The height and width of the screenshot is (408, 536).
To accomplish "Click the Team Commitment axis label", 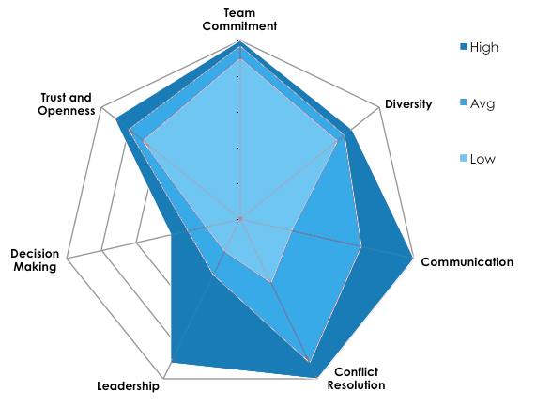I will point(241,18).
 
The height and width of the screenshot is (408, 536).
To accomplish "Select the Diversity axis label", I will point(408,104).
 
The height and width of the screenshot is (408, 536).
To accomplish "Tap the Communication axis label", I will point(467,261).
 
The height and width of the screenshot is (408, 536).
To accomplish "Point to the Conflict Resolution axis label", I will point(360,377).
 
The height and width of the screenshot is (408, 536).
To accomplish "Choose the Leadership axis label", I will point(129,386).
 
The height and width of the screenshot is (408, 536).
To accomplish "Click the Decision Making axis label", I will point(35,259).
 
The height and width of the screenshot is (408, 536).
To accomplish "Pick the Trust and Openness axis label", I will point(69,103).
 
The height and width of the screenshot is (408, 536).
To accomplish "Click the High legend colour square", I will point(462,46).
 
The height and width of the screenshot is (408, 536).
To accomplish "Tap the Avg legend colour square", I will point(462,102).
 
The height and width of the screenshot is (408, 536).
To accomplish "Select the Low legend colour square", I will point(462,158).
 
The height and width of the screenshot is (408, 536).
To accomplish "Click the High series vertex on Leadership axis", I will point(172,361).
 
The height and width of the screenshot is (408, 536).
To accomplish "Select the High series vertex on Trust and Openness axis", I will point(116,119).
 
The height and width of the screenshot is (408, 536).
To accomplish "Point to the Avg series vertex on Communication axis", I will point(361,246).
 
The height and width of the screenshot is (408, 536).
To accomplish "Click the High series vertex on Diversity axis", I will point(351,130).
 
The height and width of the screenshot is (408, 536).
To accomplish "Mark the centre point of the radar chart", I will point(241,218).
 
